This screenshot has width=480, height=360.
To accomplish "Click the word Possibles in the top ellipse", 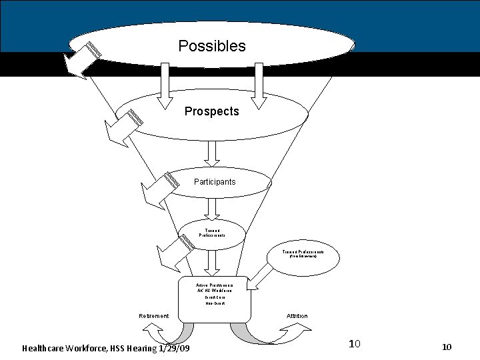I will pyautogui.click(x=212, y=46).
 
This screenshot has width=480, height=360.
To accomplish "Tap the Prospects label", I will pyautogui.click(x=211, y=111).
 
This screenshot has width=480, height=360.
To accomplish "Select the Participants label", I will pyautogui.click(x=215, y=182).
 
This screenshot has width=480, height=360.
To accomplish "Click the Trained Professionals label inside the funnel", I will pyautogui.click(x=212, y=233).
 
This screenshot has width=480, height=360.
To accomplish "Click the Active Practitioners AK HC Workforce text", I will pyautogui.click(x=214, y=287).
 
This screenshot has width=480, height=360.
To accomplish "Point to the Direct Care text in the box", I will pyautogui.click(x=215, y=297).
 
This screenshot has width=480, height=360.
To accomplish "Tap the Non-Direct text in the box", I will pyautogui.click(x=215, y=303).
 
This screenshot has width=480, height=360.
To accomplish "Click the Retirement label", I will pyautogui.click(x=154, y=316).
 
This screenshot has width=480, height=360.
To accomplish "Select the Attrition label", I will pyautogui.click(x=297, y=316).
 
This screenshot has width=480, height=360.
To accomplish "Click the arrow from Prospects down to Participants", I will pyautogui.click(x=212, y=152).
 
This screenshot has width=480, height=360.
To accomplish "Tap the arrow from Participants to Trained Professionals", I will pyautogui.click(x=212, y=209).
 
